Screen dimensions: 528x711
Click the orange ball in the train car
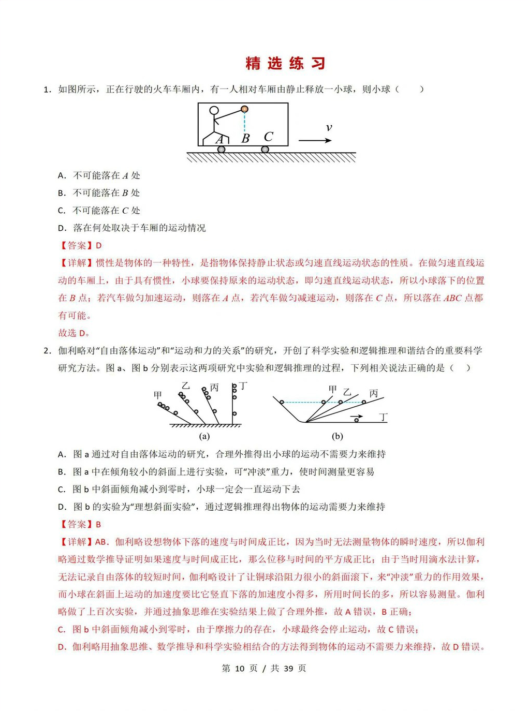tap(244, 109)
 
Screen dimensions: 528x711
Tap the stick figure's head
tap(214, 111)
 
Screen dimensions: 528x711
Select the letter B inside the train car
tap(245, 138)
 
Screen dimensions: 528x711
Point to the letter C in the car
tap(268, 137)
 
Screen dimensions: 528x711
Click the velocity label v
tap(328, 128)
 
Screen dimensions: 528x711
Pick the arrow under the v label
tap(315, 140)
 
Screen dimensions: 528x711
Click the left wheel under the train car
tap(222, 149)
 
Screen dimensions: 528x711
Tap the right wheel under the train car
tap(265, 149)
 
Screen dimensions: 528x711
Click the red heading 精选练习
tap(285, 63)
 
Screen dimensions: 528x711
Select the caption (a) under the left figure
tap(204, 436)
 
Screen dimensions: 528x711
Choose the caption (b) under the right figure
tap(338, 436)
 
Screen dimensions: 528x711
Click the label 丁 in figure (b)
tap(383, 417)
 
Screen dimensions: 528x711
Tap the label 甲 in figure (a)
tap(158, 395)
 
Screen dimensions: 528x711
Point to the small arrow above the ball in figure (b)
tap(356, 416)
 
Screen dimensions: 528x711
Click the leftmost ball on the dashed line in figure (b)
tap(282, 402)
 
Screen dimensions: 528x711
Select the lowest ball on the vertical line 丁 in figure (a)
tap(234, 413)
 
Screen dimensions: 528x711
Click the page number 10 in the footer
tap(239, 668)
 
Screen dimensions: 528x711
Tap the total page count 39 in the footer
tap(288, 668)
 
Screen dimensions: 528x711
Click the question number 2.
tap(47, 350)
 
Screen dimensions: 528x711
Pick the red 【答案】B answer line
tap(80, 524)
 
